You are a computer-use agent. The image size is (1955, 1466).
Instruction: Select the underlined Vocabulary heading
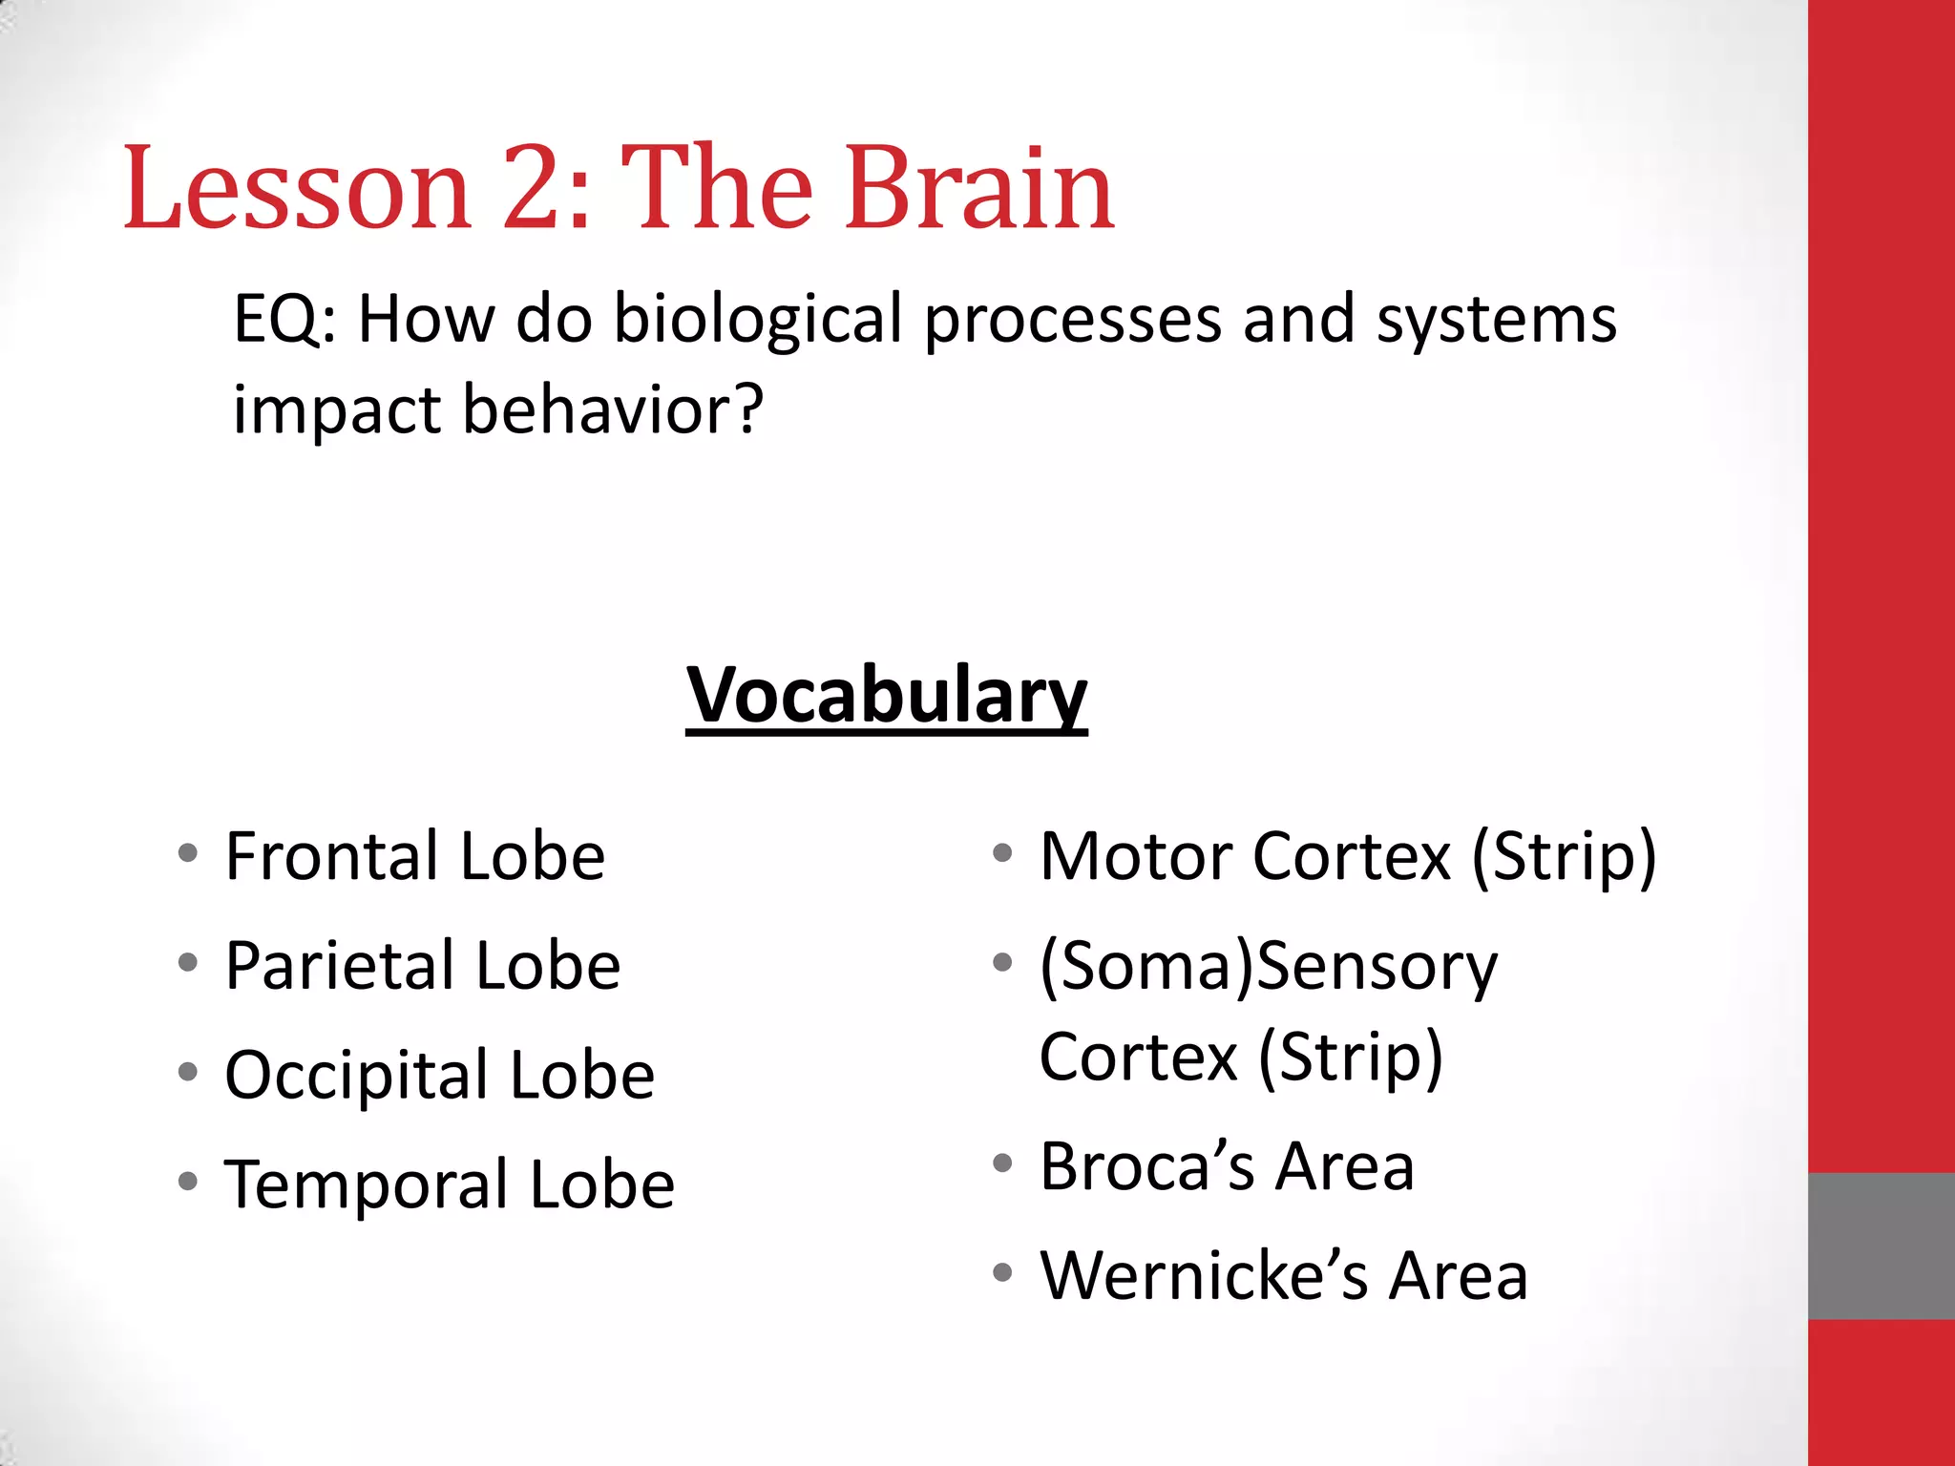tap(886, 695)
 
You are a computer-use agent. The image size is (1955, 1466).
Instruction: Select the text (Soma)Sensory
tap(1268, 966)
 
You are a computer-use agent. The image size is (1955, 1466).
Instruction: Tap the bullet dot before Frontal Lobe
tap(188, 852)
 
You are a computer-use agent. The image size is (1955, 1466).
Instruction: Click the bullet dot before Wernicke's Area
tap(1001, 1272)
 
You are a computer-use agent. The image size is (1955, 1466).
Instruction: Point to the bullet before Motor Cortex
tap(1001, 852)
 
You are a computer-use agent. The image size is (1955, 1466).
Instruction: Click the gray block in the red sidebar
tap(1881, 1246)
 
